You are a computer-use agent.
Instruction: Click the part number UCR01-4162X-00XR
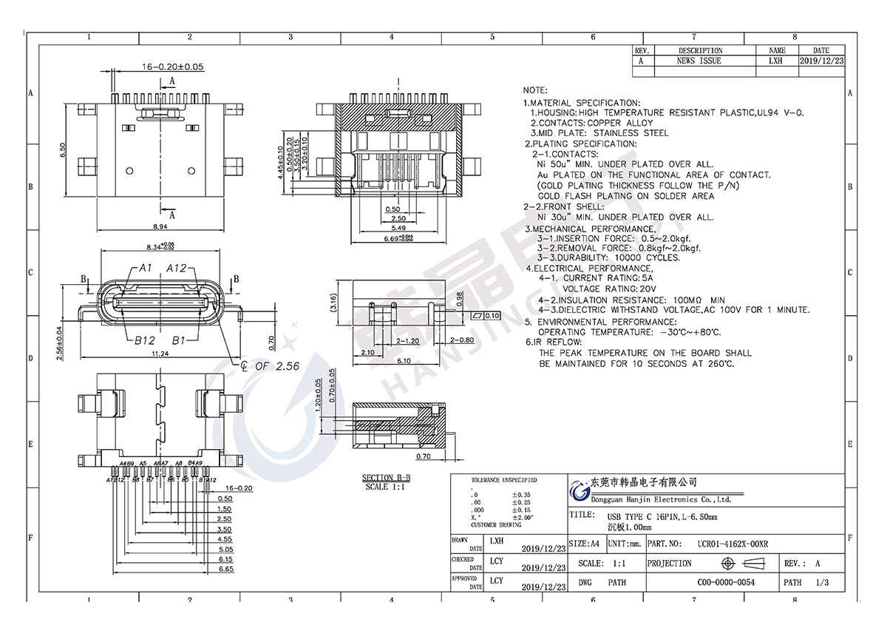[733, 544]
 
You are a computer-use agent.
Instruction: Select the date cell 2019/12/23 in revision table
[821, 61]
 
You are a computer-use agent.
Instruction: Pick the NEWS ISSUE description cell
[699, 61]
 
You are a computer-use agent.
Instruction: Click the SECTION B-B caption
[386, 478]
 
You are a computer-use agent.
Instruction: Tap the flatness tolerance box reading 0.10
[486, 316]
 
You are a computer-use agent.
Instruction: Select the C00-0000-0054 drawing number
[726, 582]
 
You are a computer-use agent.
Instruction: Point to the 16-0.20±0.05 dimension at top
[173, 67]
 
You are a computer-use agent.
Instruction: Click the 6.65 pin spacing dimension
[225, 570]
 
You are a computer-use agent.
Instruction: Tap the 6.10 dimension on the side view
[403, 361]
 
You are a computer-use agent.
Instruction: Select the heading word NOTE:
[536, 90]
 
